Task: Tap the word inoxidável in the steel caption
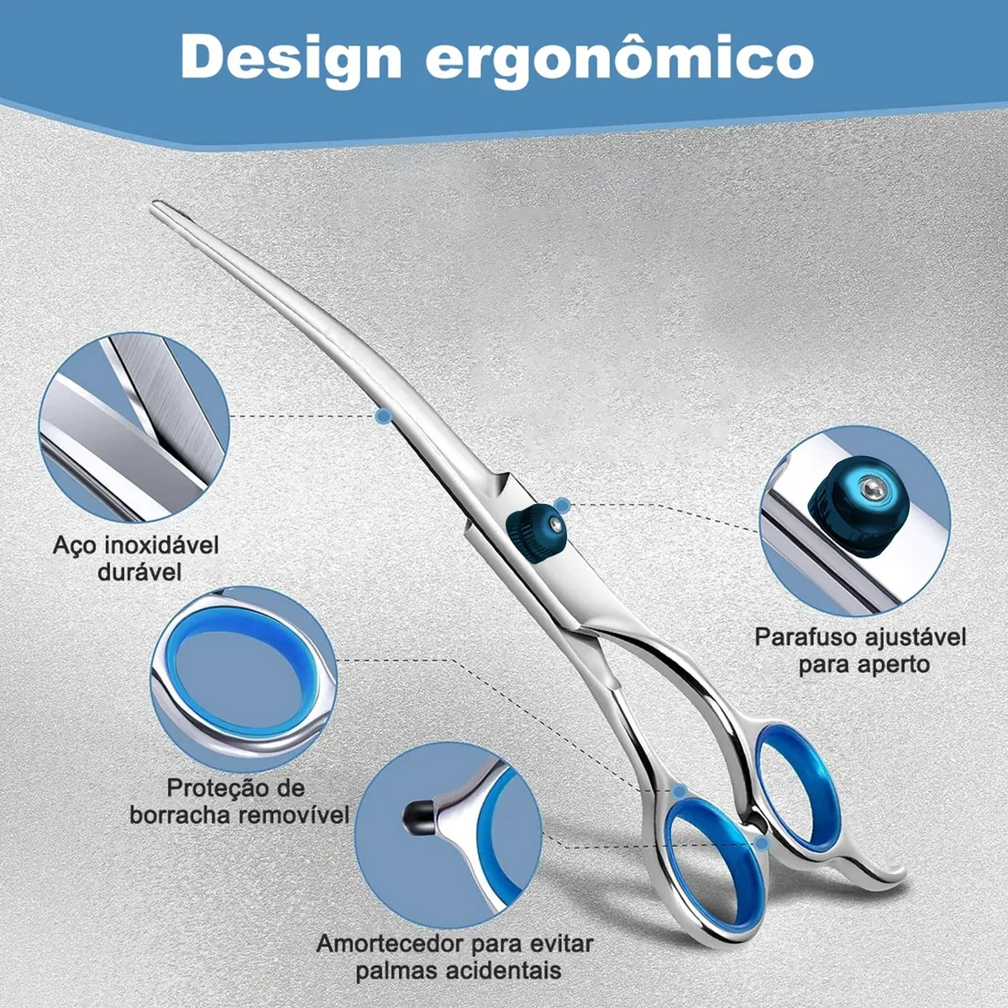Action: (161, 545)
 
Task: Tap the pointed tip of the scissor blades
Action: (156, 205)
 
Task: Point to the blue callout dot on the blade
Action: (383, 415)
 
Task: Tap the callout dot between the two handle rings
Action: (761, 842)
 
